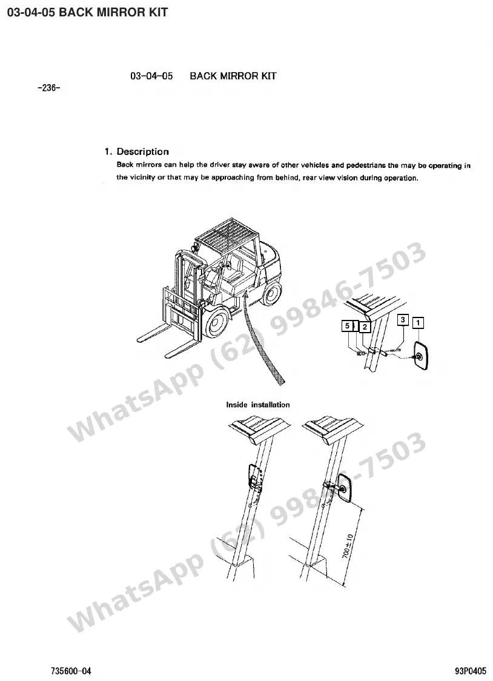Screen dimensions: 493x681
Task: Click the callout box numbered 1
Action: point(418,323)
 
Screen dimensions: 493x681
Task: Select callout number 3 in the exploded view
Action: point(403,320)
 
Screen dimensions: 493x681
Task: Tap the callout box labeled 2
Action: point(365,327)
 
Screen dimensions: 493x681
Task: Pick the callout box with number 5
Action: point(347,326)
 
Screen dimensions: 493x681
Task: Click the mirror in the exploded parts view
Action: point(421,356)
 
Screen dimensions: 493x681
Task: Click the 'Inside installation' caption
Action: point(258,405)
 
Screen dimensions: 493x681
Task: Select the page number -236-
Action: point(49,88)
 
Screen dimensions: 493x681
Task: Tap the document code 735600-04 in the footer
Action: point(71,671)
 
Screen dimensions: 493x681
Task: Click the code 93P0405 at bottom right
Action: point(471,671)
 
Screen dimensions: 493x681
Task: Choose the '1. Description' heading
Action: point(137,151)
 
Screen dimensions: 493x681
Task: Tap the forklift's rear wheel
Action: point(272,293)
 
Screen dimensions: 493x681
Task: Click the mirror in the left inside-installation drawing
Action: point(253,476)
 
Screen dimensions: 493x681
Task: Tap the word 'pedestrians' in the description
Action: point(366,165)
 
